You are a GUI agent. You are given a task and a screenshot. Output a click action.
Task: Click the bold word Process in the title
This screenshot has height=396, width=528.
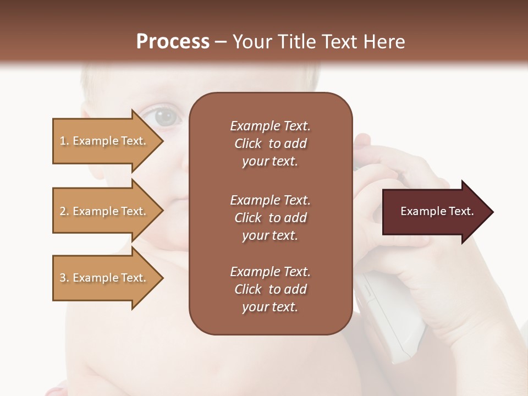[x=173, y=42]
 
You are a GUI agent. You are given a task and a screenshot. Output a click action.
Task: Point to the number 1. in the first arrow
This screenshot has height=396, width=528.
[x=64, y=141]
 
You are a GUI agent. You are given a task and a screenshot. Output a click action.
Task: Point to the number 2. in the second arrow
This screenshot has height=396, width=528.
[x=64, y=211]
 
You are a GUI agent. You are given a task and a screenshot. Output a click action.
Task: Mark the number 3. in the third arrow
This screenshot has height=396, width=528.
[x=64, y=278]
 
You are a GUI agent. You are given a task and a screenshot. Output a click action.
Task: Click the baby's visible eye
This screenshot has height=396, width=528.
[x=163, y=117]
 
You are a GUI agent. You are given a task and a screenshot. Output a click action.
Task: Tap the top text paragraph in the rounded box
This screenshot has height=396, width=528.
[x=270, y=144]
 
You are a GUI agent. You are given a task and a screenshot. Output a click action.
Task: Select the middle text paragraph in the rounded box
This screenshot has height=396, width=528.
[x=270, y=218]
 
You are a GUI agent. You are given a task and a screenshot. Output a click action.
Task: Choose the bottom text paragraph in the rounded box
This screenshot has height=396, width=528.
[x=270, y=289]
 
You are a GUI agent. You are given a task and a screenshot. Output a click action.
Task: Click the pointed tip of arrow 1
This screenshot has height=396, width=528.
[x=162, y=141]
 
